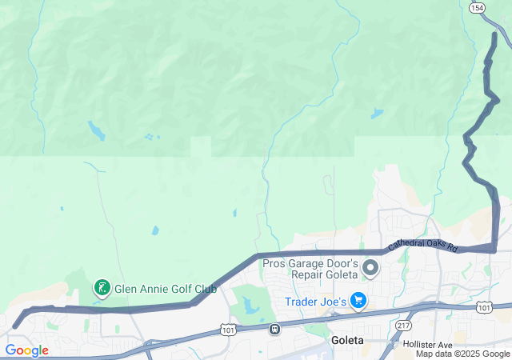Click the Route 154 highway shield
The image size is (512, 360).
click(x=477, y=7)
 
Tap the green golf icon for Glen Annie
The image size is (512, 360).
click(x=102, y=287)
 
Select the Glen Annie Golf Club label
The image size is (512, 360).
click(x=166, y=288)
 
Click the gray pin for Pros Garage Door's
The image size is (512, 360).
click(x=370, y=267)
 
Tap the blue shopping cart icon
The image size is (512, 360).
click(x=359, y=301)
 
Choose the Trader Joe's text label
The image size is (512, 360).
click(x=316, y=302)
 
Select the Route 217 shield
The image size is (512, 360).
click(x=404, y=326)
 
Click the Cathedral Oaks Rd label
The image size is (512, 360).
click(x=422, y=236)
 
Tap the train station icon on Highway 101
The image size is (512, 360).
click(x=274, y=328)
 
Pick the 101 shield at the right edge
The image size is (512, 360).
click(x=483, y=307)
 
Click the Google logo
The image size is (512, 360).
click(x=26, y=350)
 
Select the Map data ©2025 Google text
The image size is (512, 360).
click(x=462, y=354)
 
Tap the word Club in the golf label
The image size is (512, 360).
click(x=203, y=288)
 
